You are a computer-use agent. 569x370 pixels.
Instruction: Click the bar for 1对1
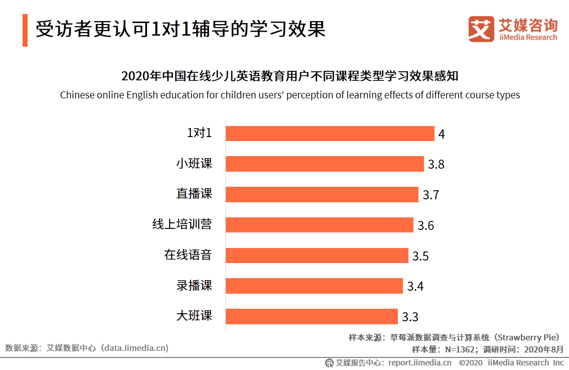tap(330, 134)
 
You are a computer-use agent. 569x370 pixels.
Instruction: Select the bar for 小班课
tap(325, 164)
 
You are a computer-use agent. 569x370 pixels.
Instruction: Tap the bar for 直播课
tap(322, 194)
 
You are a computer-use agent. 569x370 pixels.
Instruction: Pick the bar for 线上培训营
tap(319, 225)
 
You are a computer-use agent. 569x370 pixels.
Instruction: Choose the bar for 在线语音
tap(317, 256)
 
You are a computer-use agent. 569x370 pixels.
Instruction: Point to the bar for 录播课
tap(314, 286)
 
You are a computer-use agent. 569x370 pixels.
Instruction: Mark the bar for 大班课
tap(312, 316)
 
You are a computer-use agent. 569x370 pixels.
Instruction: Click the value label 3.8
tap(436, 165)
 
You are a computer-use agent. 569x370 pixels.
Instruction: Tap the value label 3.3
tap(410, 317)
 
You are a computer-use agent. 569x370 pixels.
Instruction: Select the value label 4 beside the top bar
tap(442, 135)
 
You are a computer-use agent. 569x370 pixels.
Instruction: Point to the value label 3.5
tap(420, 257)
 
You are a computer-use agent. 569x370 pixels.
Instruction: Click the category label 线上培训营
tap(182, 224)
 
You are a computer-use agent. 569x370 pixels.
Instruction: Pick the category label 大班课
tap(194, 316)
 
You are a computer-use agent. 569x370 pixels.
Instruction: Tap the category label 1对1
tap(199, 133)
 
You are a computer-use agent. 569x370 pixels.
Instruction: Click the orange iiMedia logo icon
tap(481, 29)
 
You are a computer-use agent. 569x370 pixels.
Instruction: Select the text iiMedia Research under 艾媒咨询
tap(528, 37)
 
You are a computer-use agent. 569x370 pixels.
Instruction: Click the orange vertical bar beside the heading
tap(25, 30)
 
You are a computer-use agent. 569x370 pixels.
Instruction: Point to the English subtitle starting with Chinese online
tap(290, 95)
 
